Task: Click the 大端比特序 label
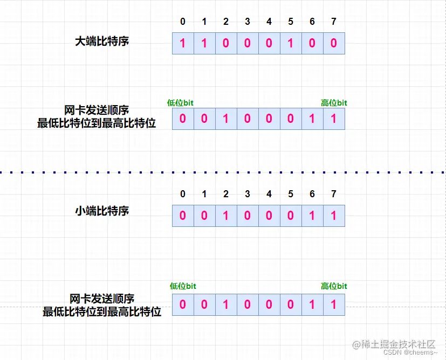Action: tap(102, 41)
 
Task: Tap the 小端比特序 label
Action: tap(102, 211)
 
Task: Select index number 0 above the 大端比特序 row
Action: tap(182, 22)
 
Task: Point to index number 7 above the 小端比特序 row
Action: tap(334, 194)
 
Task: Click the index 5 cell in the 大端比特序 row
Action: tap(291, 43)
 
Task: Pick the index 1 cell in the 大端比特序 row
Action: tap(204, 43)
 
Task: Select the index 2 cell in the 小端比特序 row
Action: tap(226, 216)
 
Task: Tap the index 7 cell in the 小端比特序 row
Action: tap(334, 216)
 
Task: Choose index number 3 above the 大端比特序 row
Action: tap(248, 22)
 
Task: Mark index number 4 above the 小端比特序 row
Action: tap(269, 194)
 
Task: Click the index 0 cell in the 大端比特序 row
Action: tap(183, 43)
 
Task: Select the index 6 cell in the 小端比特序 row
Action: tap(312, 216)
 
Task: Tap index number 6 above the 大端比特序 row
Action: tap(312, 22)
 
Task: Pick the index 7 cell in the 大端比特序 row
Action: tap(334, 43)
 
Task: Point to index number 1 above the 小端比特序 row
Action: tap(204, 194)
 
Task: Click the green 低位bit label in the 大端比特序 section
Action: tap(181, 103)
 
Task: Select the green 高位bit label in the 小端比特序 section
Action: tap(334, 286)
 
